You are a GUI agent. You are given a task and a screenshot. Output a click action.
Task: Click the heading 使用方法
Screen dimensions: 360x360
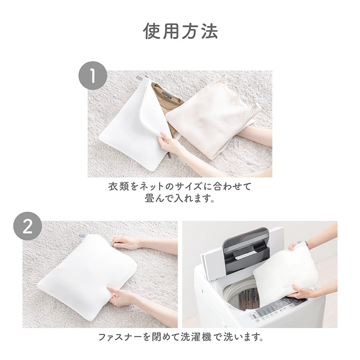coord(180,32)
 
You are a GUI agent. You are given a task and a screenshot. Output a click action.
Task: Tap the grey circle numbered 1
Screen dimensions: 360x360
coord(93,75)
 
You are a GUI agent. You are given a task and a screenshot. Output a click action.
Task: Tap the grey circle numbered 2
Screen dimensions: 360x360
coord(27,226)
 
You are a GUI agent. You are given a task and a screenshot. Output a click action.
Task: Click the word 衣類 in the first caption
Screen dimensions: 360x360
coord(119,187)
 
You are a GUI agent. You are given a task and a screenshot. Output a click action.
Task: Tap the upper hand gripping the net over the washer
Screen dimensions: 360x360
coord(296,247)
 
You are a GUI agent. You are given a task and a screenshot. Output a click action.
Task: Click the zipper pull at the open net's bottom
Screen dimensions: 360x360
coord(169,156)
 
